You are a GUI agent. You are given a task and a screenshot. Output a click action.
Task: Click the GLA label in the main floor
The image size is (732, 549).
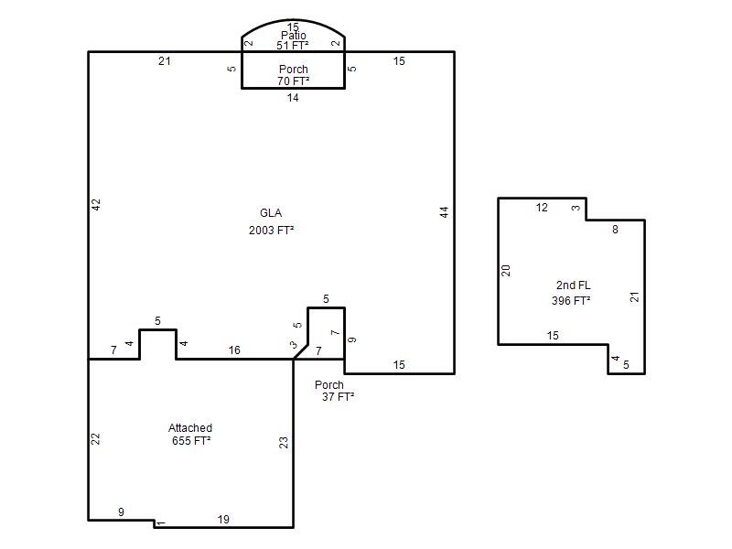[x=271, y=213]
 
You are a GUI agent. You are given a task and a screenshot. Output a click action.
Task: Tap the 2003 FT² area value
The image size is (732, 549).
[x=271, y=231]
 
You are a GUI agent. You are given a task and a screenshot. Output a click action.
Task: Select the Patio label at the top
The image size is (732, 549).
[x=294, y=36]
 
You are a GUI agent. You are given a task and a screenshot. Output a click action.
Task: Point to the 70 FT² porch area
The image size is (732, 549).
[x=293, y=81]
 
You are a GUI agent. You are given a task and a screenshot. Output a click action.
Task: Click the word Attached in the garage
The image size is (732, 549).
[x=190, y=427]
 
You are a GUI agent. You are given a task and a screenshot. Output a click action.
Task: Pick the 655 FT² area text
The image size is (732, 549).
[x=191, y=441]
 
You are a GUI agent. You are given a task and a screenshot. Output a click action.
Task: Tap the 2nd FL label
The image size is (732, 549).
[x=574, y=285]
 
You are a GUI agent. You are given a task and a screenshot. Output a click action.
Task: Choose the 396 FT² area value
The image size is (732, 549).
[x=571, y=301]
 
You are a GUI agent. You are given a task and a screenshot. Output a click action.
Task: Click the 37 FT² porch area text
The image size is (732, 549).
[x=338, y=397]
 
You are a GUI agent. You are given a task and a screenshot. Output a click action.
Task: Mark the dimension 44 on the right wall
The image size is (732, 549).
[x=445, y=212]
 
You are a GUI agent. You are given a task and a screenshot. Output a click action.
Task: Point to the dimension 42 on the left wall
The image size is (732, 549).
[x=96, y=204]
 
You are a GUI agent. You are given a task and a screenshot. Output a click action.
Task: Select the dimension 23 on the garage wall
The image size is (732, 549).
[x=284, y=443]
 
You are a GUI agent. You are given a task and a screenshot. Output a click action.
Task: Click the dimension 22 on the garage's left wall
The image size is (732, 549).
[x=95, y=439]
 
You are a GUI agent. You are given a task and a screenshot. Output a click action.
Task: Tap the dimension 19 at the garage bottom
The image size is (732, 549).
[x=223, y=519]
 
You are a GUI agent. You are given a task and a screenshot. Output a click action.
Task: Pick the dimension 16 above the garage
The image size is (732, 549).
[x=234, y=350]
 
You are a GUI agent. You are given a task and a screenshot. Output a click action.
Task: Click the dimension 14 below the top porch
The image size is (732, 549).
[x=293, y=98]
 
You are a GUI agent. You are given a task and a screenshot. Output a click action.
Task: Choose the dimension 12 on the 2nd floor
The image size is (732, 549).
[x=542, y=208]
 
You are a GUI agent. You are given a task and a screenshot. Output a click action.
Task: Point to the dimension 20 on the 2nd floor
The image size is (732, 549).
[x=506, y=270]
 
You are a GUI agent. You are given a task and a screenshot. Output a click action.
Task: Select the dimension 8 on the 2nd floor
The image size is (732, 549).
[x=615, y=230]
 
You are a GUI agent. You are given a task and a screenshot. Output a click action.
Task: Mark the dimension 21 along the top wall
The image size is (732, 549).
[x=165, y=60]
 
